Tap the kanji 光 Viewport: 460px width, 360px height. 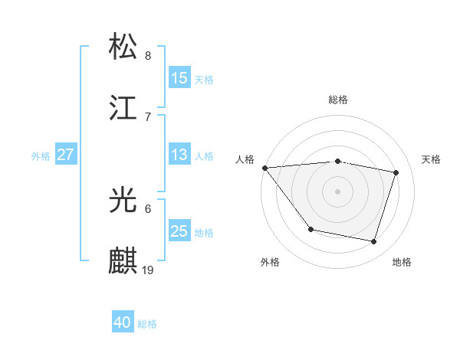[x=123, y=201]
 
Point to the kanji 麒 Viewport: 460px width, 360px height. [x=123, y=260]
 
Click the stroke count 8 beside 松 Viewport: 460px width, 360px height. [x=148, y=55]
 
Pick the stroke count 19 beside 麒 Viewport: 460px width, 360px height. [x=149, y=270]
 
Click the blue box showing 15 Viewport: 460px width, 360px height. [x=179, y=78]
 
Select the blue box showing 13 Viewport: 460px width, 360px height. [x=179, y=155]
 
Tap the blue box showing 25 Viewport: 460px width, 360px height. [x=179, y=231]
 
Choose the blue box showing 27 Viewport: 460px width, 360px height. [x=65, y=155]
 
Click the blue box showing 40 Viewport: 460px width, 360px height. [x=123, y=322]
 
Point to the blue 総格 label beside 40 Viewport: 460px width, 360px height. [x=147, y=324]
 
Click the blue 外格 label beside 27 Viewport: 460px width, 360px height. [x=41, y=155]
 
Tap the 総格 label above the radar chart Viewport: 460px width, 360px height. [x=338, y=100]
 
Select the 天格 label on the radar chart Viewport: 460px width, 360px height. [x=432, y=159]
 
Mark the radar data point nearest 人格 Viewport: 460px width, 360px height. [x=264, y=168]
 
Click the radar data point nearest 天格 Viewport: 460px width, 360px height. [x=396, y=172]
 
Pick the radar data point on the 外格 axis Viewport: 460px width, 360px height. [x=310, y=229]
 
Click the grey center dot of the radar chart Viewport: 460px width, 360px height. [x=338, y=191]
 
